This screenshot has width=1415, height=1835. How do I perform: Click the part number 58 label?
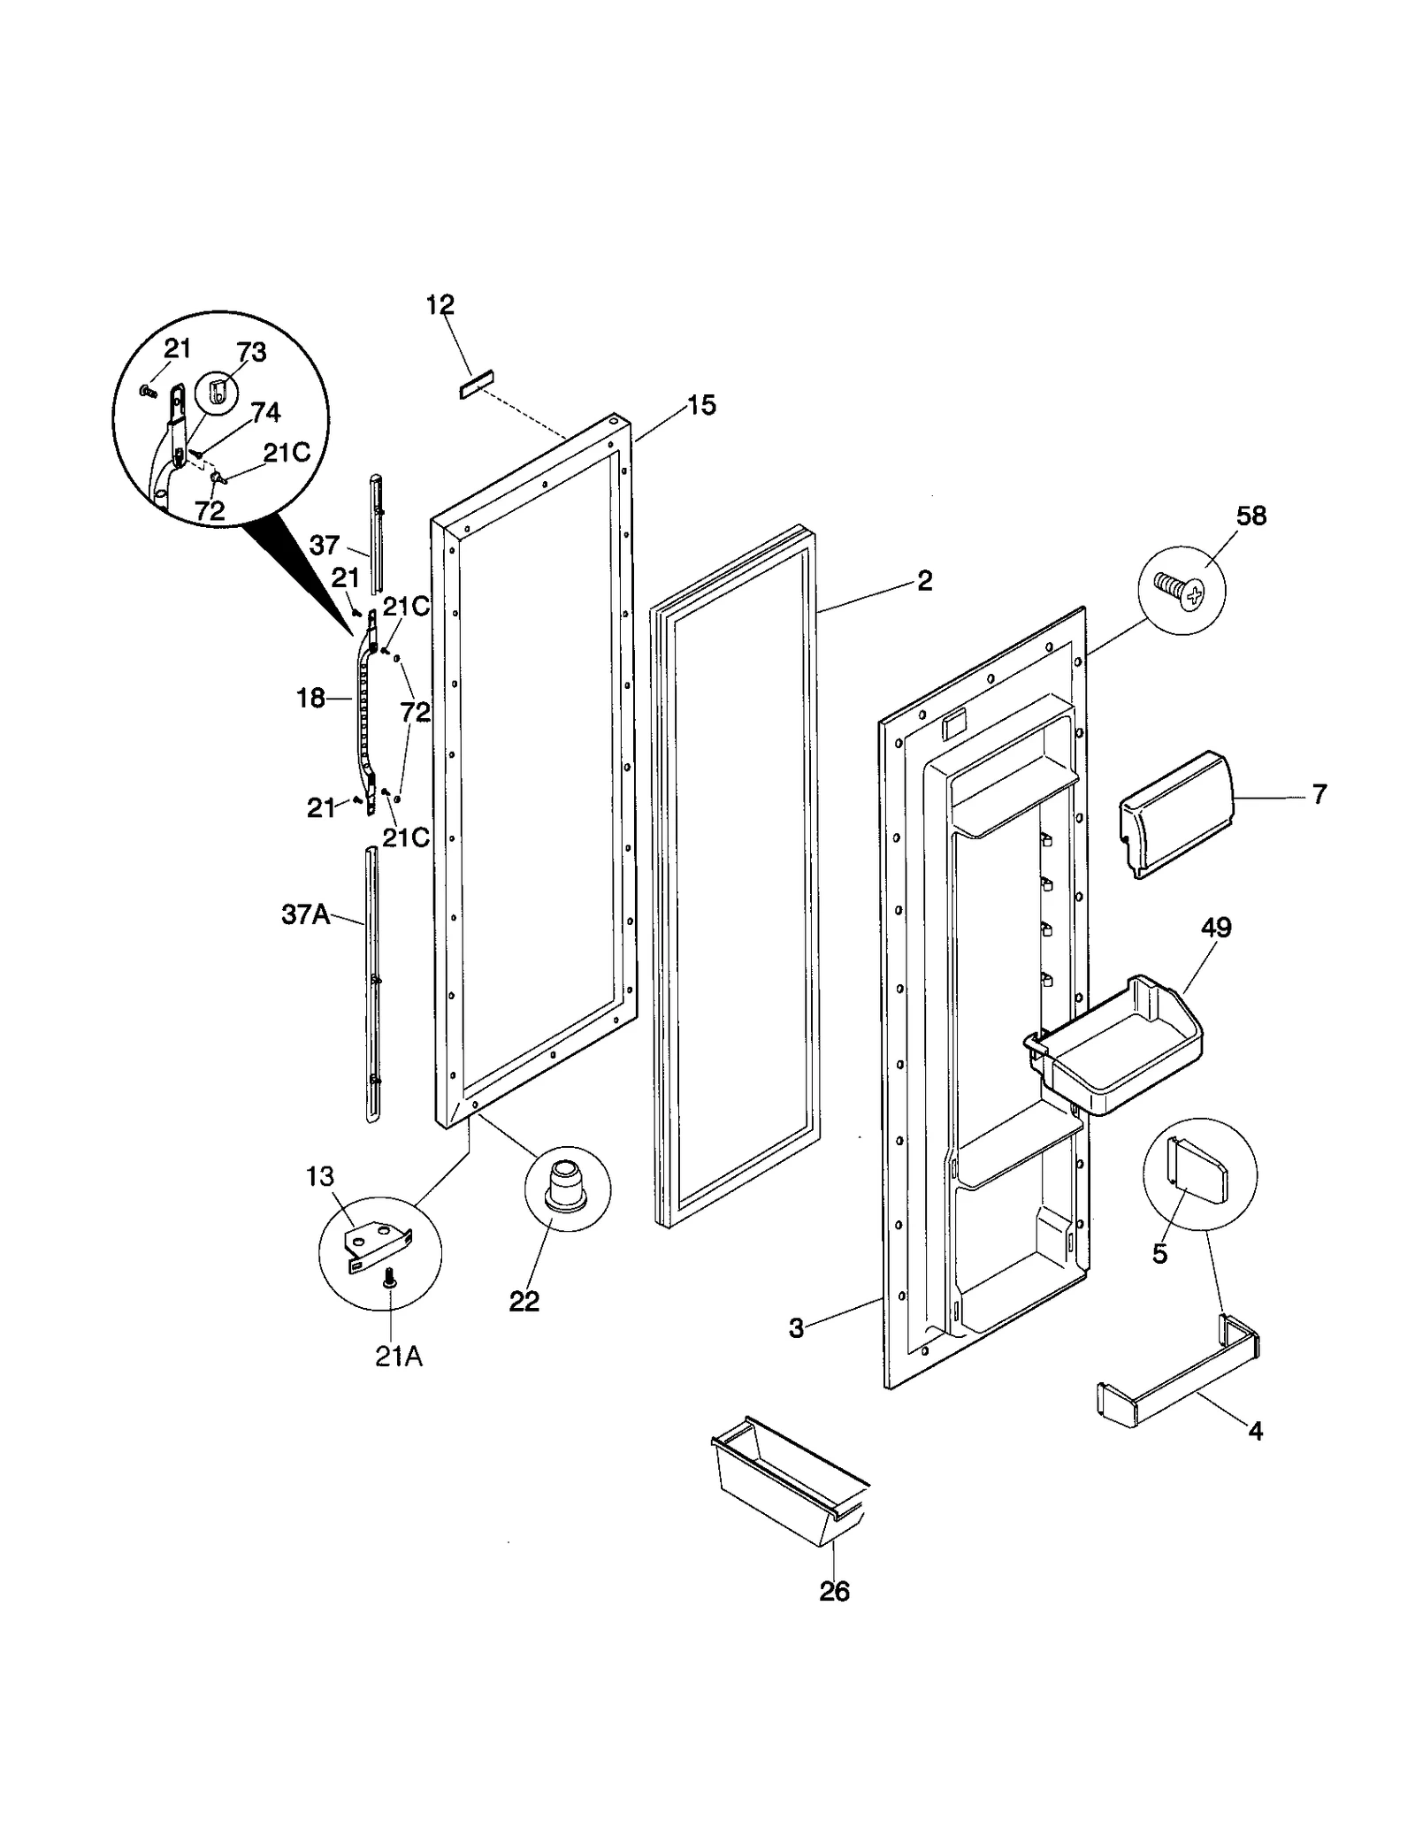point(1251,516)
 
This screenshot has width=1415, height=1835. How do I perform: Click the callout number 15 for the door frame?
point(701,406)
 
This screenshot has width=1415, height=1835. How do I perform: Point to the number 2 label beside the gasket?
point(924,581)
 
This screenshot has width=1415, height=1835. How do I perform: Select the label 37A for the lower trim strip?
point(305,914)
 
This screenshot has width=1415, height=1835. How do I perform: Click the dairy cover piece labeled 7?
point(1173,814)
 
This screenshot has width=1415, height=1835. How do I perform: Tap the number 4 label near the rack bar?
point(1255,1430)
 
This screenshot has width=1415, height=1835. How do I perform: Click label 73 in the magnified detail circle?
point(251,352)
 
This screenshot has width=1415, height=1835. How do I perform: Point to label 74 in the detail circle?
point(265,412)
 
